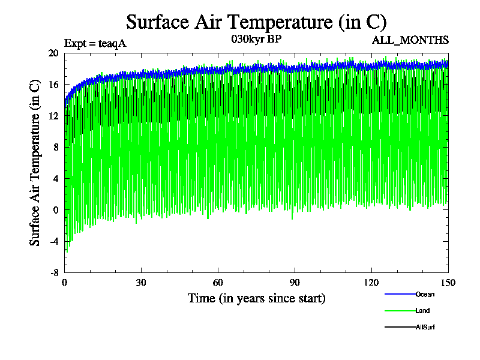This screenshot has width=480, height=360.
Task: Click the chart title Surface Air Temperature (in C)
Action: [x=256, y=22]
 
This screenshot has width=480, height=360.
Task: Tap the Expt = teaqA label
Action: [x=95, y=43]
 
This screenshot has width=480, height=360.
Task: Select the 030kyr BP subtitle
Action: [x=256, y=40]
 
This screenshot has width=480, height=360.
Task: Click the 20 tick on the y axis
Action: [x=53, y=53]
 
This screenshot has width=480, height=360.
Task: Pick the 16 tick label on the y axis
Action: [x=53, y=85]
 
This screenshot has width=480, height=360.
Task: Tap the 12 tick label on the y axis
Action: [x=53, y=116]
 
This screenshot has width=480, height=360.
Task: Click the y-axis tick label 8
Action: [x=55, y=147]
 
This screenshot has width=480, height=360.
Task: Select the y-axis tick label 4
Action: [x=55, y=178]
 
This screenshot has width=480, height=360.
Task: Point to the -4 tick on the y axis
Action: [x=53, y=241]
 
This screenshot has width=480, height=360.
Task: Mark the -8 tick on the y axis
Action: [x=53, y=272]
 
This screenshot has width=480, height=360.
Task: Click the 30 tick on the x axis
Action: [x=142, y=283]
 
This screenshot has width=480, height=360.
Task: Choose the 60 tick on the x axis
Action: [x=218, y=283]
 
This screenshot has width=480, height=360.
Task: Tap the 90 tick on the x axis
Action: [x=295, y=283]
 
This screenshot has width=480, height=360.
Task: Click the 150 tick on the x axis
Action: [x=448, y=283]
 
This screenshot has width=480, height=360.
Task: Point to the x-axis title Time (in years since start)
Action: [x=256, y=298]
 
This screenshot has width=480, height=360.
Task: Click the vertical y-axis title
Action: [x=35, y=162]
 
